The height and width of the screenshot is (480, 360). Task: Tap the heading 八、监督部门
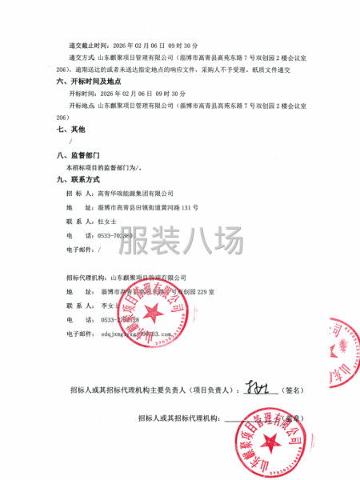76,156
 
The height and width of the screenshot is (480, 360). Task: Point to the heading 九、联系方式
76,180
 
